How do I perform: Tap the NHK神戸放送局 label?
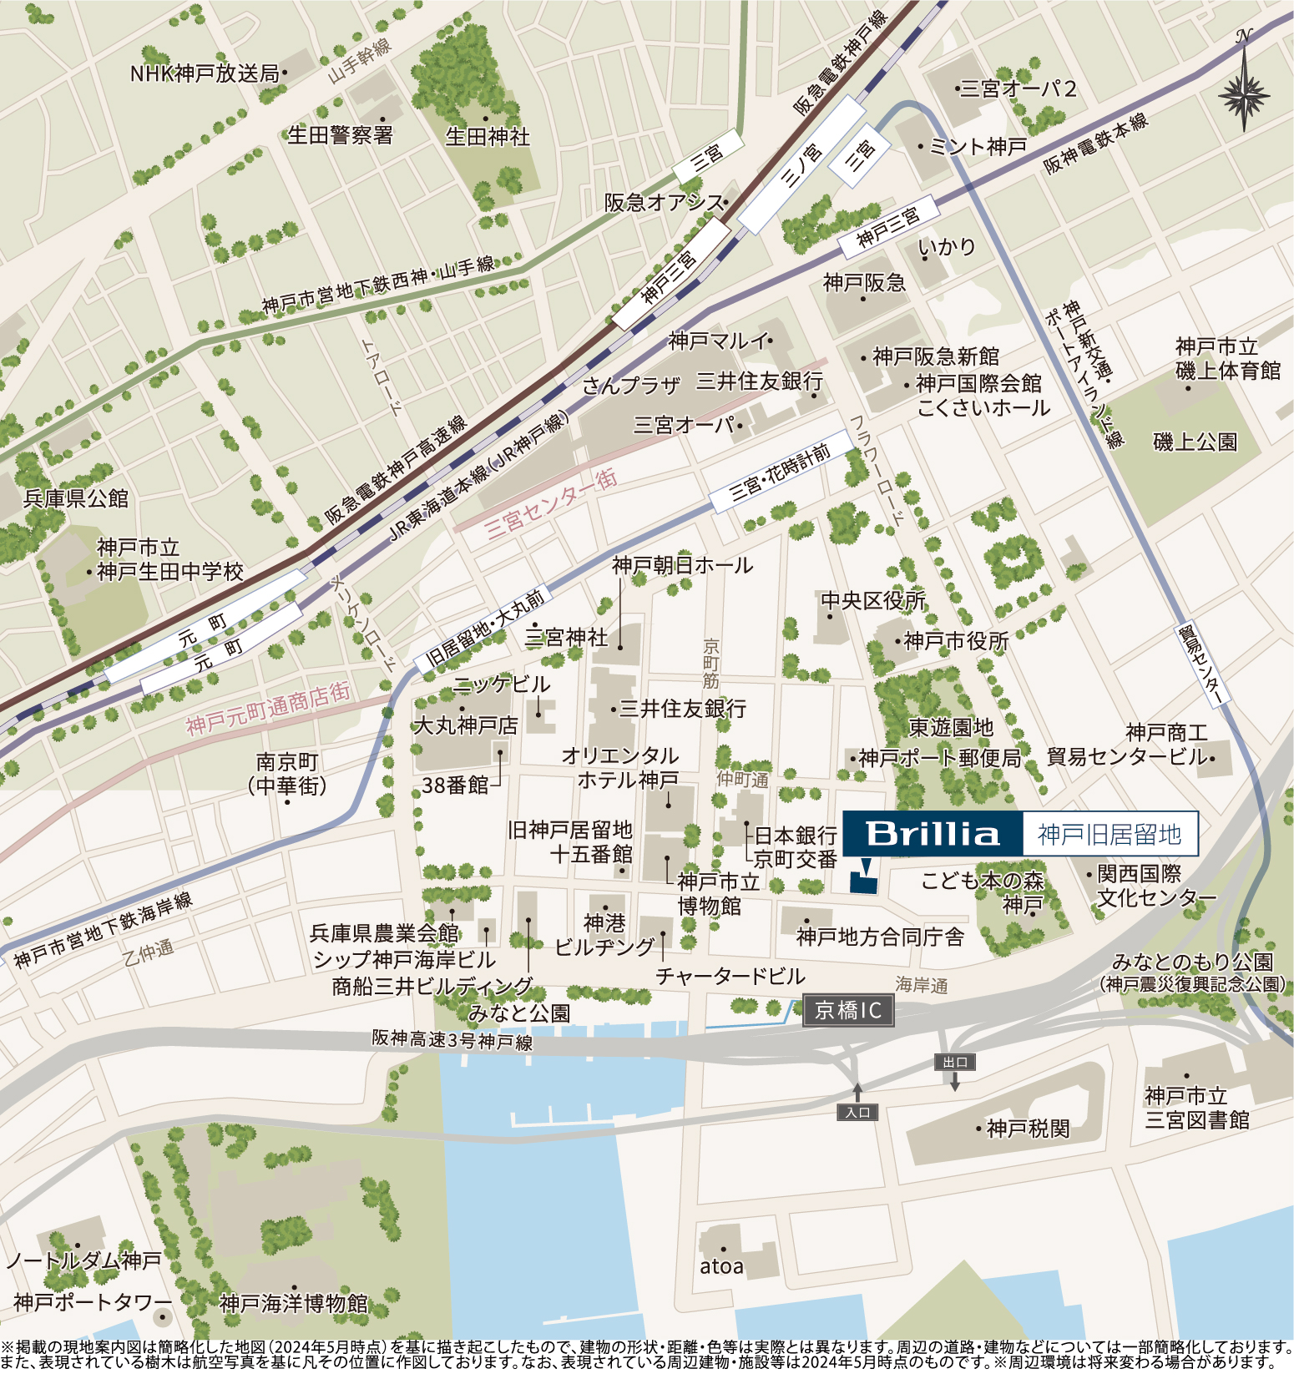(x=205, y=73)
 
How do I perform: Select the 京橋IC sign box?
(x=848, y=1011)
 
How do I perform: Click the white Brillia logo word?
(x=932, y=833)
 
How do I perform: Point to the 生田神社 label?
(x=488, y=136)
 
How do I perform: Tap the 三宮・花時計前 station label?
(x=781, y=472)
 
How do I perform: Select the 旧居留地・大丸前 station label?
(x=484, y=627)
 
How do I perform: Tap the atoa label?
(x=721, y=1266)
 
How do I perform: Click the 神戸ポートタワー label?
(x=92, y=1302)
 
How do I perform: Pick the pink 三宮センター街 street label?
(x=551, y=502)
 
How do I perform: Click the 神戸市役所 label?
(x=956, y=641)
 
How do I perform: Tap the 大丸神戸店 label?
(x=466, y=725)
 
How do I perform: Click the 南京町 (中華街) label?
(x=287, y=773)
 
